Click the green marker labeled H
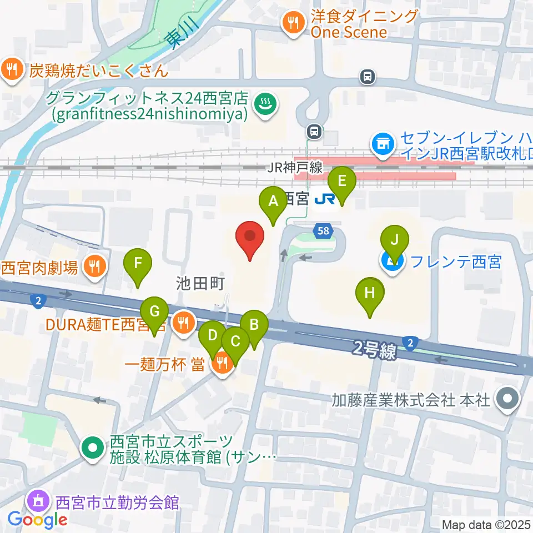pos(370,295)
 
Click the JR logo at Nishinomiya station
pos(322,198)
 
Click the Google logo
pos(38,520)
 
